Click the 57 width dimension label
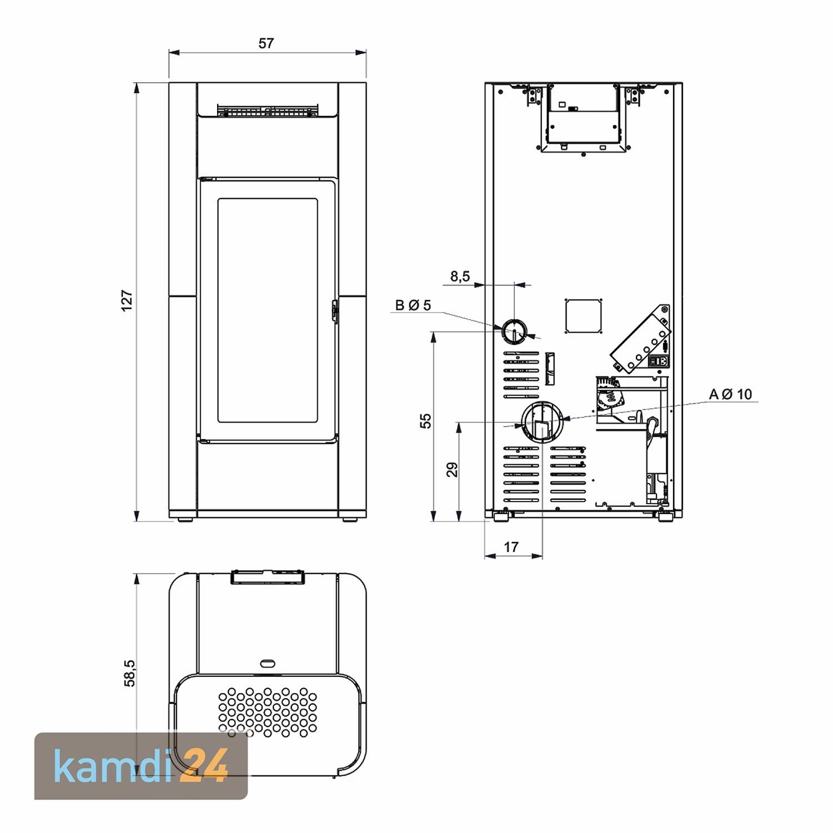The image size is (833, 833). point(266,43)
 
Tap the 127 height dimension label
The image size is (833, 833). point(127,300)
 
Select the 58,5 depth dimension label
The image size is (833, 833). point(129,673)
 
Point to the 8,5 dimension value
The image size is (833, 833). point(460,276)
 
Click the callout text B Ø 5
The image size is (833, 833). point(413,305)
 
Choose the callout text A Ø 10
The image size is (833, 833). point(730,394)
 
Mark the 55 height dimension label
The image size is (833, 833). point(425,421)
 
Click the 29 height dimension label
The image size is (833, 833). point(453,470)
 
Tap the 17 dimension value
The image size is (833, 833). point(511,547)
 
